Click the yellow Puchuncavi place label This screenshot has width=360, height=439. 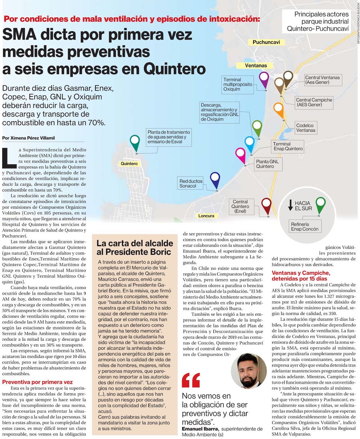266,42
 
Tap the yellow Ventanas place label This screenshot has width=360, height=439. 256,65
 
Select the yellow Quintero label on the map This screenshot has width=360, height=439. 129,164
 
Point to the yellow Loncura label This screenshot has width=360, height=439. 206,216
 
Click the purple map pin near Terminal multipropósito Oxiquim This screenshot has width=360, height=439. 264,79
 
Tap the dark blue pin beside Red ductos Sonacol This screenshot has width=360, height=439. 215,179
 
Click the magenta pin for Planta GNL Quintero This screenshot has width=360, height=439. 240,154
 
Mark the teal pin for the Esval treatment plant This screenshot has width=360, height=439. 135,142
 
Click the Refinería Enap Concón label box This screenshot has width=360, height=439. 305,227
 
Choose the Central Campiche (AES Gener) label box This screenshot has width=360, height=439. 314,103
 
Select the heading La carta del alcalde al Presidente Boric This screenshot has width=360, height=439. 134,248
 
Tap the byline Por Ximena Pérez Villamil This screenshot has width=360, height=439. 30,138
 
